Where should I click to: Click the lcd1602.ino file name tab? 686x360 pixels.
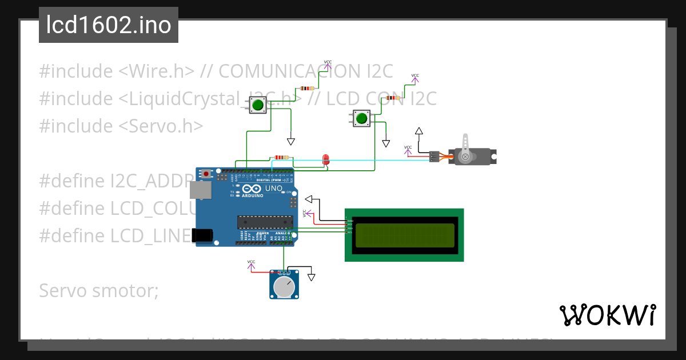point(108,25)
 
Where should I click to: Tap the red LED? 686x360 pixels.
point(326,159)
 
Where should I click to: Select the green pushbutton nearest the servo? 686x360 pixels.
point(361,119)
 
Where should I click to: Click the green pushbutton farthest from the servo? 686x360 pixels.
point(258,105)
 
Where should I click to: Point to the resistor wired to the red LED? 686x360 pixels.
point(281,158)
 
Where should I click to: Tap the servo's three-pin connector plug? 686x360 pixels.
point(434,156)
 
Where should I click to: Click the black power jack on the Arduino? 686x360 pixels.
point(202,234)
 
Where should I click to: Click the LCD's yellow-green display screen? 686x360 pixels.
point(405,235)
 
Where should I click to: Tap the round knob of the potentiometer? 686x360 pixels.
point(284,287)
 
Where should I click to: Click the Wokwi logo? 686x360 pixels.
point(607,315)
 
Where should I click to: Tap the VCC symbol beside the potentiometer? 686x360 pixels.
point(251,265)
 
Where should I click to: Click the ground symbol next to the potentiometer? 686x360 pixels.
point(311,277)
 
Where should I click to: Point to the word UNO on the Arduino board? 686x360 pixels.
point(273,189)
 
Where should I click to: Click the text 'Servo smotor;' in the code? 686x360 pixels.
point(98,291)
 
